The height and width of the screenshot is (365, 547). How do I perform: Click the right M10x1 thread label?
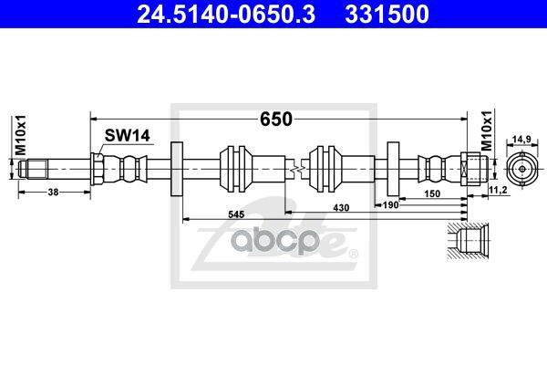tap(486, 133)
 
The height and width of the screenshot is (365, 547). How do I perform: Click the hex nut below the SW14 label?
tap(99, 169)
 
